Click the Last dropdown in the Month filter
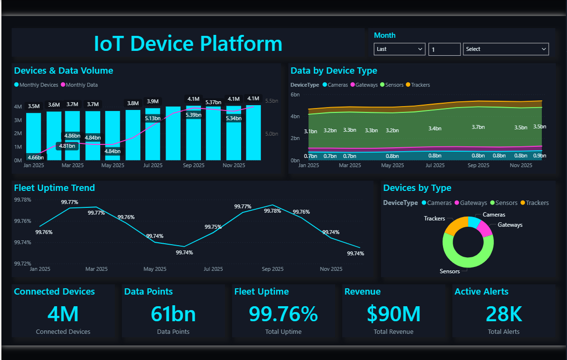[x=399, y=49]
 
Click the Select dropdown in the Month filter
[x=506, y=49]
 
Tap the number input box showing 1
[x=444, y=49]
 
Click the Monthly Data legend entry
[x=79, y=85]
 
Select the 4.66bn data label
[x=36, y=157]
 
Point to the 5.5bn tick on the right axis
[x=272, y=101]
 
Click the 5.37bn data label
[x=214, y=102]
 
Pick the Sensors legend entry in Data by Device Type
[x=392, y=85]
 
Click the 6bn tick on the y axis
[x=295, y=95]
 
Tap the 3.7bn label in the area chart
[x=478, y=127]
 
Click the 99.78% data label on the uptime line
[x=272, y=211]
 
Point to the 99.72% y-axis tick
[x=22, y=264]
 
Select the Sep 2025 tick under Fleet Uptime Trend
[x=273, y=269]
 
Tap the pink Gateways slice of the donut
[x=485, y=229]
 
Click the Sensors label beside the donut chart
[x=449, y=271]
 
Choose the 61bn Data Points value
[x=173, y=314]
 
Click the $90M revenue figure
[x=394, y=314]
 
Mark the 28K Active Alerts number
[x=504, y=314]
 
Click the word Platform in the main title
[x=241, y=44]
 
